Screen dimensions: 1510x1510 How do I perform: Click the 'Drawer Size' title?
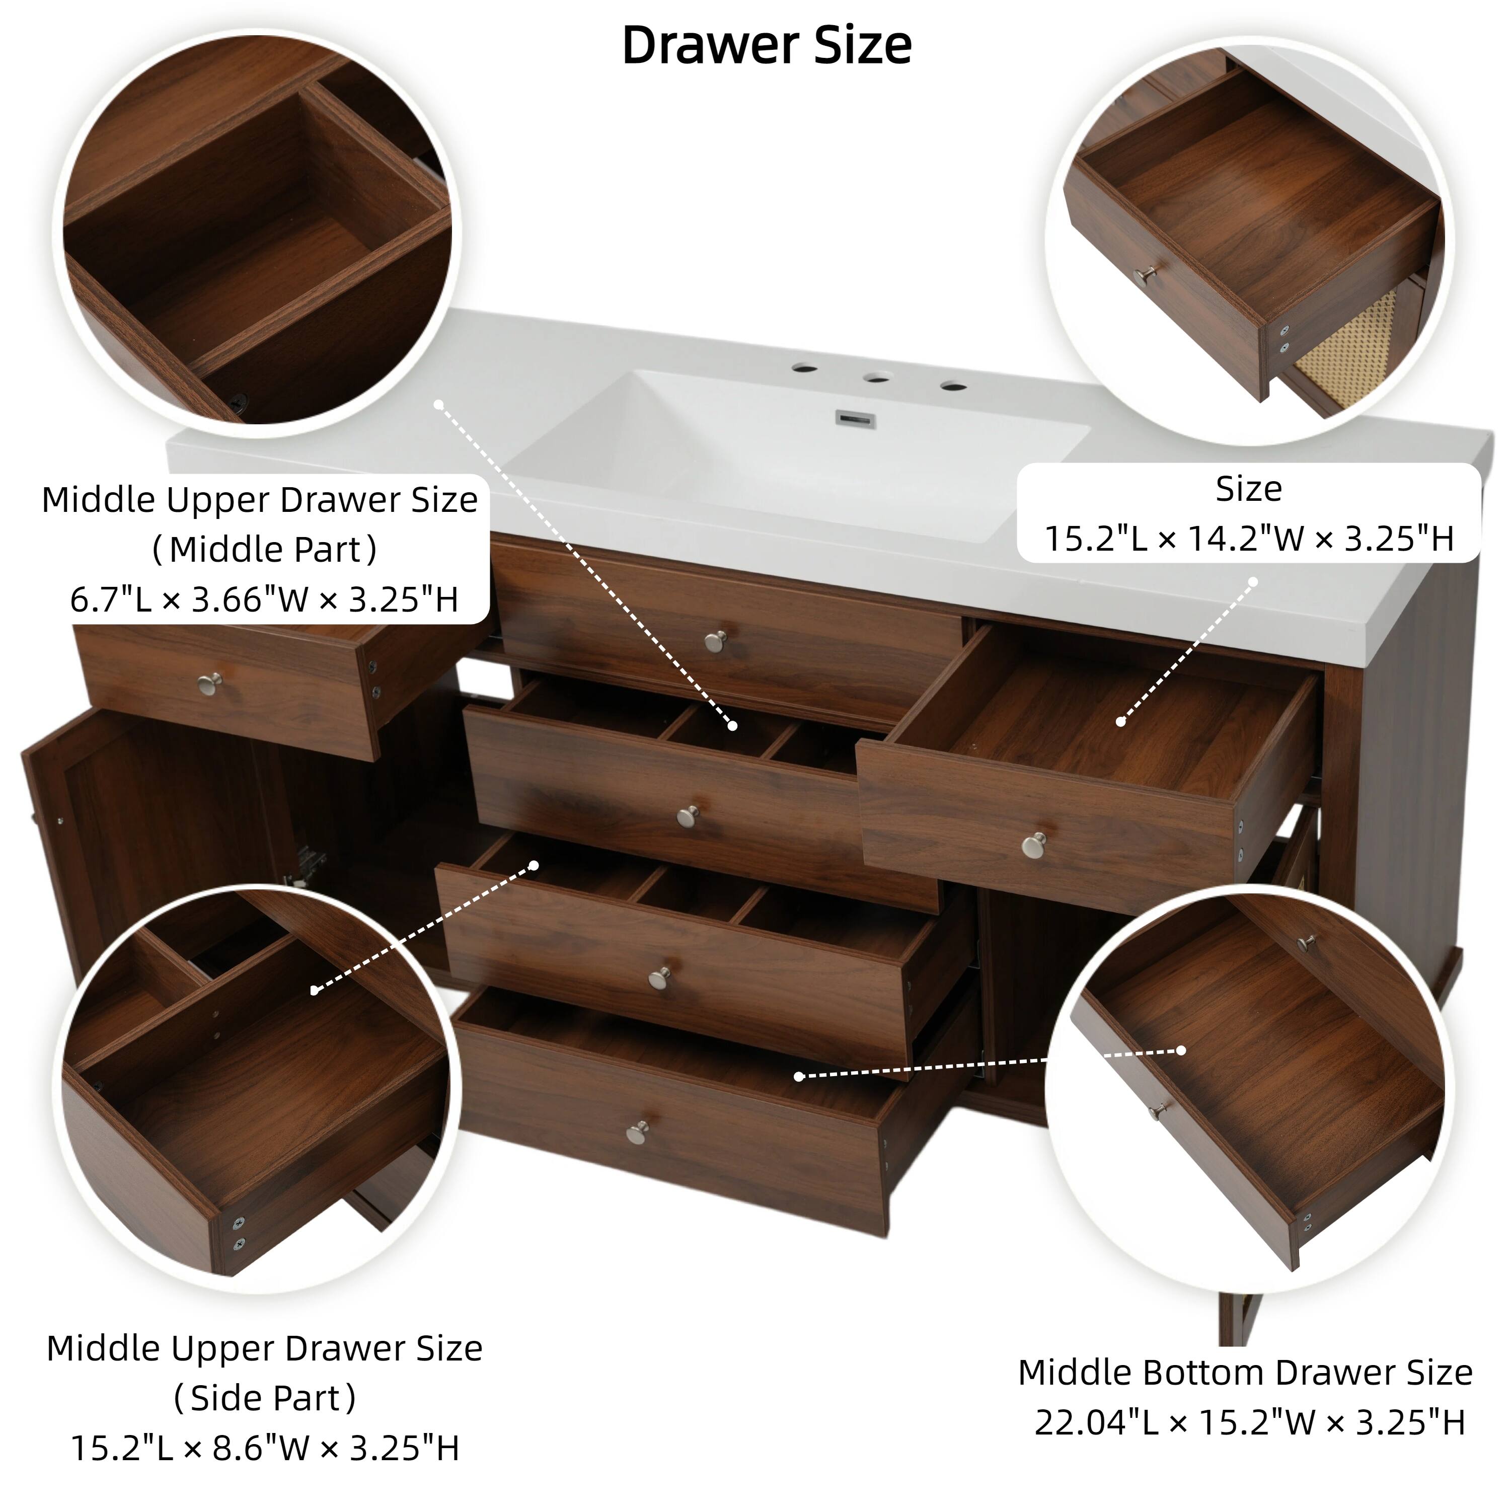tap(766, 45)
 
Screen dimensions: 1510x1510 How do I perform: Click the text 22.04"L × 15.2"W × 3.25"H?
tap(1249, 1422)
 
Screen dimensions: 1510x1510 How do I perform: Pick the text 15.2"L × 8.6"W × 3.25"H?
tap(264, 1448)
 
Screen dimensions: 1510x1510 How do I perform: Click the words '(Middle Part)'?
tap(264, 550)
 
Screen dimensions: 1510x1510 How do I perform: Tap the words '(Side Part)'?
tap(264, 1397)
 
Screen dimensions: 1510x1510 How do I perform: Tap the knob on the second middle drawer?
tap(688, 817)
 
